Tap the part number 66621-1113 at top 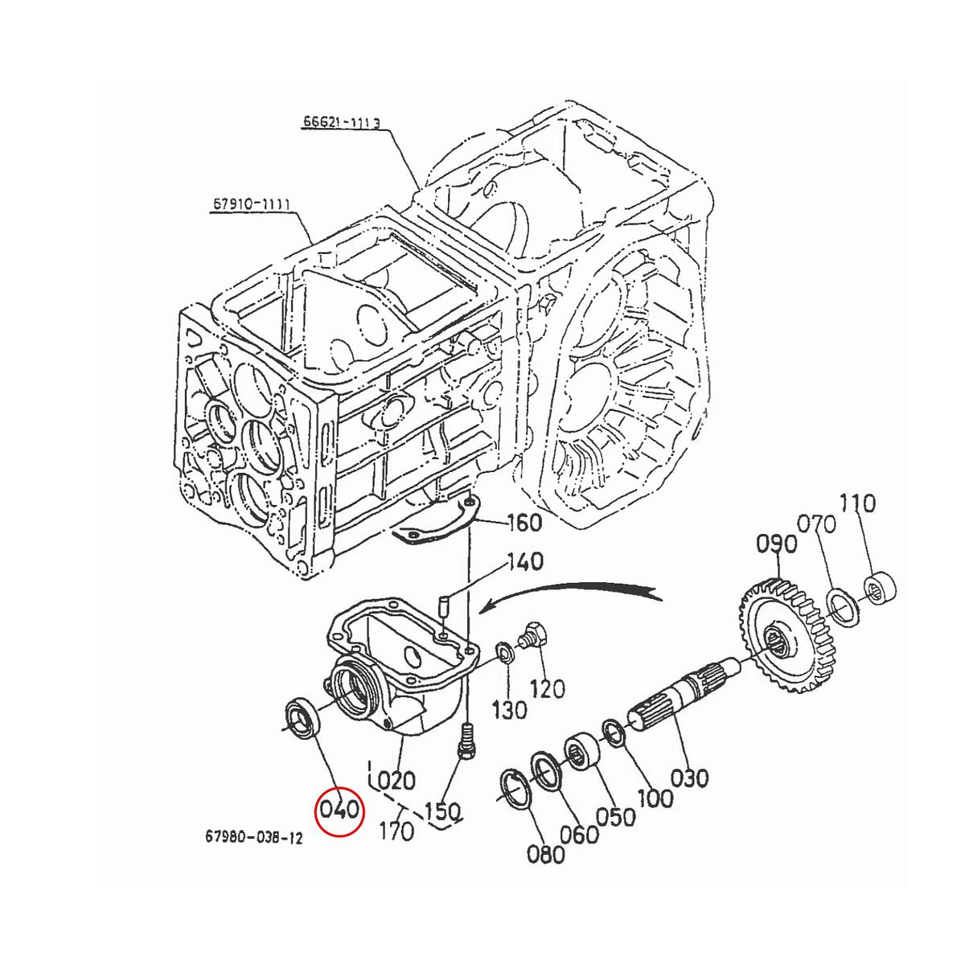click(x=341, y=122)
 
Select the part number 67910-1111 click(x=252, y=206)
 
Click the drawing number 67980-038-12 click(x=254, y=838)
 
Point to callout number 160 click(x=525, y=524)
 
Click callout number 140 click(x=525, y=561)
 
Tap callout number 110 click(x=857, y=504)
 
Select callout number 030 click(x=689, y=778)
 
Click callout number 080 click(x=546, y=853)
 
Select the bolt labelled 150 click(x=465, y=741)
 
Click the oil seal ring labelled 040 click(x=304, y=717)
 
